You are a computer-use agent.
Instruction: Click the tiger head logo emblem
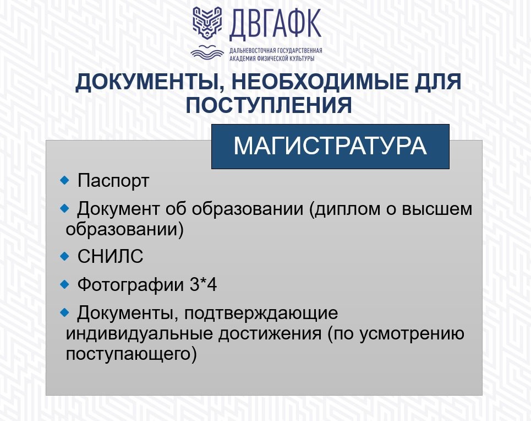pos(207,22)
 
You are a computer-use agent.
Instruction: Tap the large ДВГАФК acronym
pos(275,24)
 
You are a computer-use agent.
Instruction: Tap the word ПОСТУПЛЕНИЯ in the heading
pos(269,105)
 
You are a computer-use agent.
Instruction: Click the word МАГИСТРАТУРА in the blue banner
pos(330,146)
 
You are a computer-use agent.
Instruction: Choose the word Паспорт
pos(113,181)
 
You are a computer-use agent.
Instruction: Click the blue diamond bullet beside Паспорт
pos(64,180)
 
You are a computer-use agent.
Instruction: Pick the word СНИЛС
pos(110,256)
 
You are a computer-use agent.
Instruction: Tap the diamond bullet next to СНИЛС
pos(64,256)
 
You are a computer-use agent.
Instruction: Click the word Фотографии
pos(130,284)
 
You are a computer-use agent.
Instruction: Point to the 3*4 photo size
pos(203,284)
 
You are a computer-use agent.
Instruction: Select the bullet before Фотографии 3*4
pos(64,284)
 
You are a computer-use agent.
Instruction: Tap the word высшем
pos(437,209)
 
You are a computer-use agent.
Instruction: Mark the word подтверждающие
pos(261,314)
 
